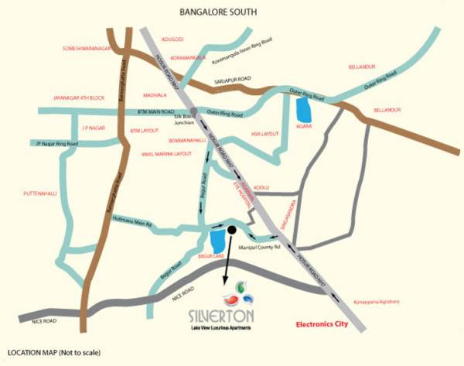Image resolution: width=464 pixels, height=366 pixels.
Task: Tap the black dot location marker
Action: [230, 230]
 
